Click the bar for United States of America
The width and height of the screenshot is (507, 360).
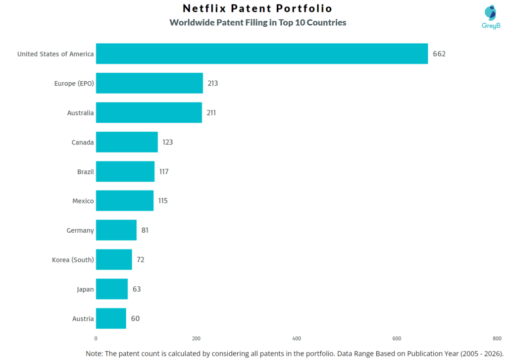point(261,53)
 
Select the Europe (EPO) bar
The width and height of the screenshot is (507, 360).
point(149,83)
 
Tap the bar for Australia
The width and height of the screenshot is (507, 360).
point(149,112)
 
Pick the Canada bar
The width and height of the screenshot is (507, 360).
point(127,142)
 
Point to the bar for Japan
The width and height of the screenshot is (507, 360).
point(111,289)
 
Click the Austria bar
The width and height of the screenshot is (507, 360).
point(111,318)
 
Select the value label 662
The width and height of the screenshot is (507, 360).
point(439,54)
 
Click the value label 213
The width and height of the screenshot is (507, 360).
point(213,83)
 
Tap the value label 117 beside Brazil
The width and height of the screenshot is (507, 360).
point(164,171)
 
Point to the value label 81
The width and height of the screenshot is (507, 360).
point(145,230)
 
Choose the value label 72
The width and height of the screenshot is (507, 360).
point(141,259)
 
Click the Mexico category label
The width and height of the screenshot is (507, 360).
point(83,201)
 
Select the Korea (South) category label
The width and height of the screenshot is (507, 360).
point(73,259)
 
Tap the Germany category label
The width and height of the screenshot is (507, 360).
point(80,230)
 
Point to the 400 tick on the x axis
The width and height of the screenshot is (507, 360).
point(297,338)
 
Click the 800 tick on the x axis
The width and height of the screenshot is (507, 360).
point(497,338)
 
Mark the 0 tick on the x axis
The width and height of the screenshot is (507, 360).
point(96,338)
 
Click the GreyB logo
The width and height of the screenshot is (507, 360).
point(491,17)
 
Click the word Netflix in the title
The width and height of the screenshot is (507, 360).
point(203,8)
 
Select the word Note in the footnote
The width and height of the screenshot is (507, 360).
point(95,353)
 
